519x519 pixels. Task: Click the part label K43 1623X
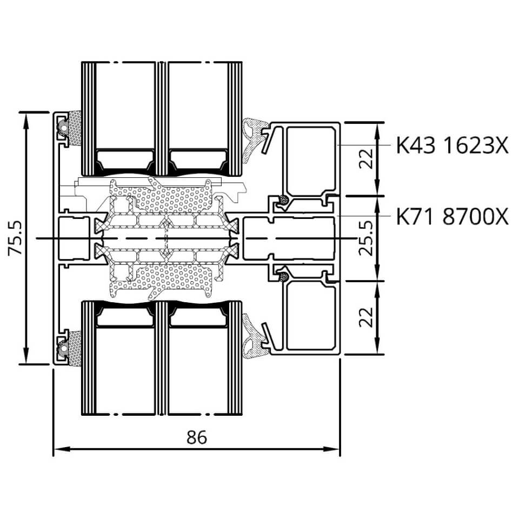pyautogui.click(x=452, y=145)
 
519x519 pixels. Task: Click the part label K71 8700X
pyautogui.click(x=452, y=217)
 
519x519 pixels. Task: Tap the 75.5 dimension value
pyautogui.click(x=15, y=238)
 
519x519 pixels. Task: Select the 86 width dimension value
pyautogui.click(x=197, y=437)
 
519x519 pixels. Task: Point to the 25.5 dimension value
pyautogui.click(x=367, y=238)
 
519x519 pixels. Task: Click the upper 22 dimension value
pyautogui.click(x=367, y=159)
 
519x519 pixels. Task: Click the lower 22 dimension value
pyautogui.click(x=367, y=317)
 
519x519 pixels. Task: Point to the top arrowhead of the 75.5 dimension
pyautogui.click(x=26, y=121)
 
